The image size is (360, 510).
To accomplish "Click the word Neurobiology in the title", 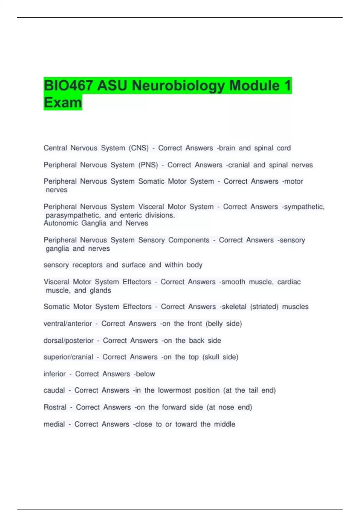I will tap(178, 86).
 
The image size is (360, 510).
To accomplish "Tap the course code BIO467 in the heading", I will tap(68, 86).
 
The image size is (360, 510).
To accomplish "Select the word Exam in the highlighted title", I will tap(63, 103).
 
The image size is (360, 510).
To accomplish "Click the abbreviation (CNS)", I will tap(139, 148).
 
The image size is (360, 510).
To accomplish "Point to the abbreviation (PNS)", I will tap(148, 165).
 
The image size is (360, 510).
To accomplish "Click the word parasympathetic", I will tap(73, 215).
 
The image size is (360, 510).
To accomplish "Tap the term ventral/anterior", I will tap(68, 324).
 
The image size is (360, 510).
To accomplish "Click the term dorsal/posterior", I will tap(69, 341).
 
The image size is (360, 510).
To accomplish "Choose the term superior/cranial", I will tap(68, 357).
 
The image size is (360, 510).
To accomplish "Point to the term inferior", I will tap(55, 374).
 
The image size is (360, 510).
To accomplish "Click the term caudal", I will tap(54, 390).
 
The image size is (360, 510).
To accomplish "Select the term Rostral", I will tap(55, 407).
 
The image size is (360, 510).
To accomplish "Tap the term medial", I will tap(54, 424).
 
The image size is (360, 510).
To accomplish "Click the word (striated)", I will tap(264, 307).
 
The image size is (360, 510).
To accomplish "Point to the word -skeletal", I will tap(233, 307).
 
